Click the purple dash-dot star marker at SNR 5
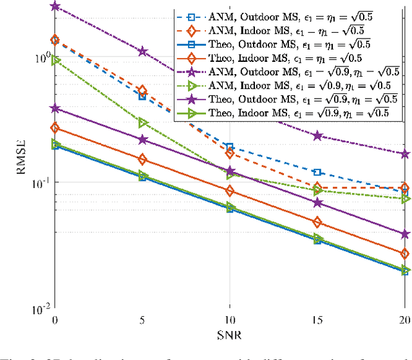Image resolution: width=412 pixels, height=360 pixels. (x=142, y=51)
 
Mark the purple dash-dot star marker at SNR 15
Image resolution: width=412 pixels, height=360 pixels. (x=317, y=136)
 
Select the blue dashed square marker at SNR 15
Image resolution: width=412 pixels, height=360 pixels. (x=317, y=172)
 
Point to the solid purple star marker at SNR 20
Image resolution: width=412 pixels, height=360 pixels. (x=405, y=234)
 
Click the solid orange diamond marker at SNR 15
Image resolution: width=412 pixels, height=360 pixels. (x=317, y=222)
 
